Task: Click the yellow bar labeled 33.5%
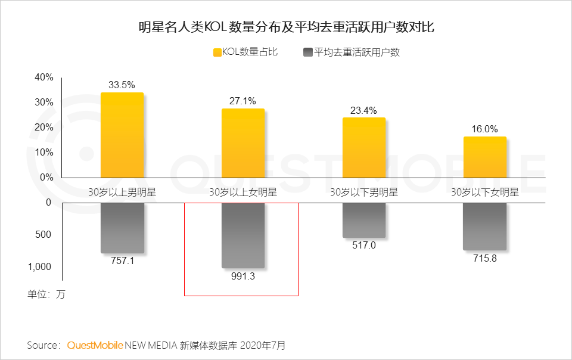[x=122, y=135]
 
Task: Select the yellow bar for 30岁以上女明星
[x=243, y=143]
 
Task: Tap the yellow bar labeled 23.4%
[x=364, y=148]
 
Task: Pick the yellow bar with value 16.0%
[x=485, y=157]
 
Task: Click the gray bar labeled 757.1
[x=122, y=228]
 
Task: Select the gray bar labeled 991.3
[x=243, y=235]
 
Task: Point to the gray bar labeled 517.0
[x=364, y=220]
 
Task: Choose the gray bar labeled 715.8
[x=485, y=226]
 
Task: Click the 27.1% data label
[x=243, y=101]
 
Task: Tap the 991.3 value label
[x=243, y=276]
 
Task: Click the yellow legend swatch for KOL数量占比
[x=217, y=52]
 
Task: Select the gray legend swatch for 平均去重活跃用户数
[x=308, y=52]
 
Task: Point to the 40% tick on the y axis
[x=44, y=77]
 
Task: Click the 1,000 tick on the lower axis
[x=40, y=266]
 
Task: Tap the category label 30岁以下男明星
[x=364, y=192]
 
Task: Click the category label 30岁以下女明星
[x=485, y=192]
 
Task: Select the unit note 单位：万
[x=46, y=294]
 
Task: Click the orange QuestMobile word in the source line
[x=95, y=345]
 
